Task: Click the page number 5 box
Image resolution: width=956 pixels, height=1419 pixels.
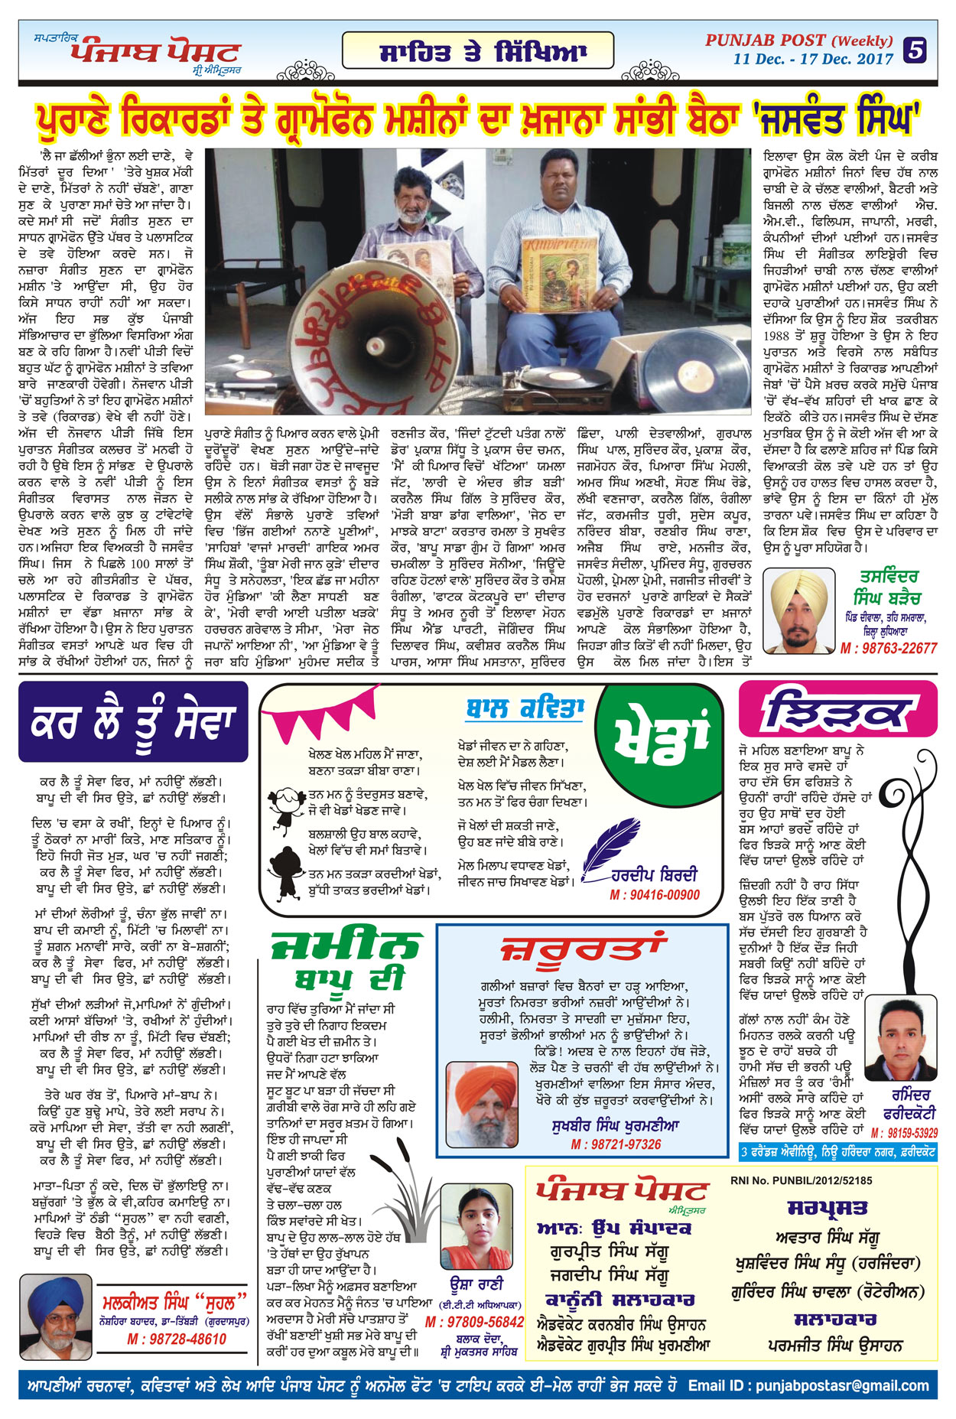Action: tap(915, 50)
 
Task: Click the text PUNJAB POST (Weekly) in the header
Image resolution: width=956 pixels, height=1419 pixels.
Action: tap(798, 41)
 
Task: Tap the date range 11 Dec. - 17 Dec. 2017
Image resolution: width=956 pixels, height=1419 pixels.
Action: tap(813, 59)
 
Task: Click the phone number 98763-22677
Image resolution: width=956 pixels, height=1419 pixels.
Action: tap(888, 648)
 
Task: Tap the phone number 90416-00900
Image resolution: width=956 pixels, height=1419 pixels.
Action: tap(655, 895)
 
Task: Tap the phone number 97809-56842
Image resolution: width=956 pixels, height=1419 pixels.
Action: tap(474, 1322)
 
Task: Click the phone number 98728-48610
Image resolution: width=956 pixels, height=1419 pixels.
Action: tap(177, 1339)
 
